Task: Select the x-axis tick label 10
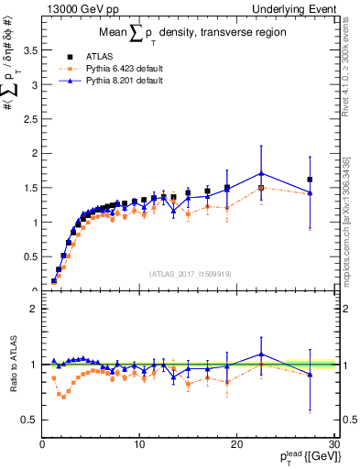point(139,444)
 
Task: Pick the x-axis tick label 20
point(236,444)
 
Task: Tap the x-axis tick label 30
point(333,444)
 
